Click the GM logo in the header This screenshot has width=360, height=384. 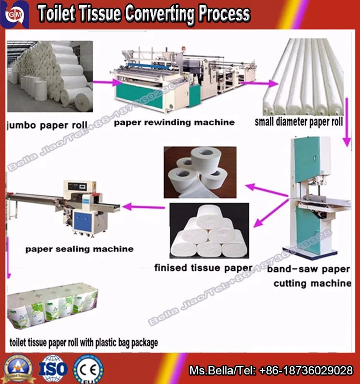(14, 14)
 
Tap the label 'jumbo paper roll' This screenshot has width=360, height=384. (47, 125)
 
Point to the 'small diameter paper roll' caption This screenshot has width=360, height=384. (299, 122)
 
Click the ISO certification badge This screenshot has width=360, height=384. (53, 369)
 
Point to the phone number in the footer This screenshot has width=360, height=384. (306, 371)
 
